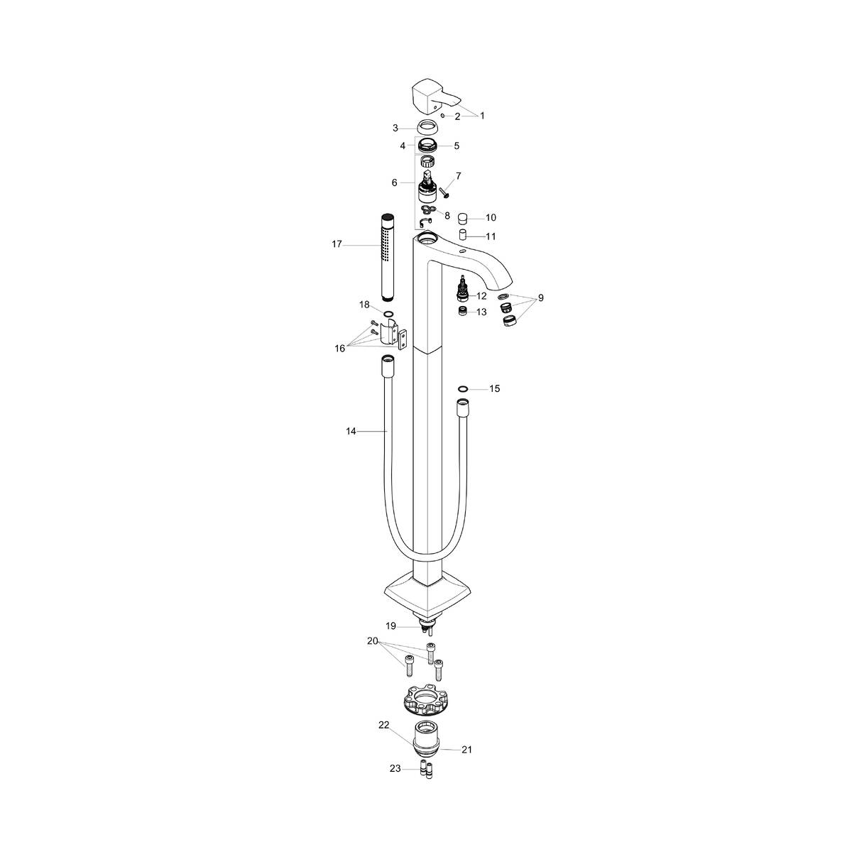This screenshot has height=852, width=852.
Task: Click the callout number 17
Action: pos(337,244)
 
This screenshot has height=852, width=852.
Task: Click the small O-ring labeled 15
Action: pos(463,388)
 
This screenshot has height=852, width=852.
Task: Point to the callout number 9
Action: pos(540,298)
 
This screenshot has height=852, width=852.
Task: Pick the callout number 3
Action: pos(395,129)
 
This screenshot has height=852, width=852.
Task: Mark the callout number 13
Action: pos(481,312)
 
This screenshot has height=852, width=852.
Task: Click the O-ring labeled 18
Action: pos(388,313)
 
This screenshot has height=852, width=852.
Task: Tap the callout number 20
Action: pos(373,640)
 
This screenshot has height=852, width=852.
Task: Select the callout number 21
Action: pos(467,749)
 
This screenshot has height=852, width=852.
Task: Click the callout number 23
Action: pos(395,768)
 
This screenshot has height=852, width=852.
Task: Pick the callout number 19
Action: pos(390,626)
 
